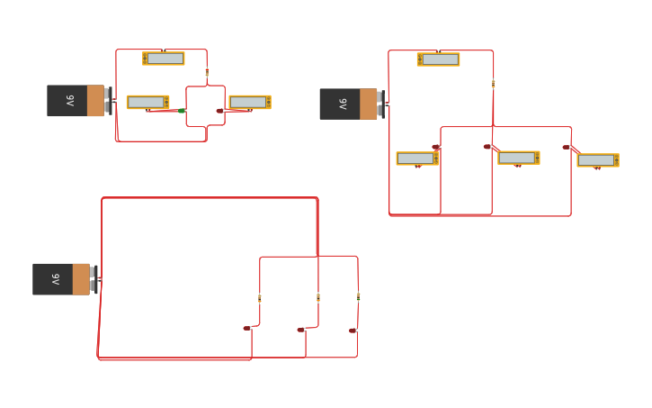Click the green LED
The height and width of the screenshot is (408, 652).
pos(182,111)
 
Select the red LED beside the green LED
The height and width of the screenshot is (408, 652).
pos(219,111)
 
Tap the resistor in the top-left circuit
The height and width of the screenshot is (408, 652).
pos(207,72)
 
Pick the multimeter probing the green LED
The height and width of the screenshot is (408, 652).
pos(147,102)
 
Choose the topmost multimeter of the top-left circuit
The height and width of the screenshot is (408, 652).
pos(164,59)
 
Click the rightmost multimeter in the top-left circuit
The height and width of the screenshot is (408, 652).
pos(249,102)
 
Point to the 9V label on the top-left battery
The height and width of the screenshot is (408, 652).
pos(69,101)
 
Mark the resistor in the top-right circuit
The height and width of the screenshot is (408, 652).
pos(493,83)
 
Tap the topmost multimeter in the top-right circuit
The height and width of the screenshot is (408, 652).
pos(438,59)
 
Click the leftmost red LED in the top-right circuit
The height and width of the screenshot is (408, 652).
pos(436,147)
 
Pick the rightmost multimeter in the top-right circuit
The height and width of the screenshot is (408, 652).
pos(598,160)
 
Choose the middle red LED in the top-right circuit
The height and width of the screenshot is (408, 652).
pos(487,147)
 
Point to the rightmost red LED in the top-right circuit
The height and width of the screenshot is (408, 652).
pos(567,147)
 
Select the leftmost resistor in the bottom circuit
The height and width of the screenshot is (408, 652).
pos(260,297)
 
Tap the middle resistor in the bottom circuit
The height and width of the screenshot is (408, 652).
pos(318,297)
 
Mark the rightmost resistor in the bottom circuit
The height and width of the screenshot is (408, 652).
pos(358,295)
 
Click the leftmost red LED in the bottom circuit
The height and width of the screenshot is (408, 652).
pos(246,328)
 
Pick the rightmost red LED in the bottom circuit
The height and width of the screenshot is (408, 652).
pos(353,331)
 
